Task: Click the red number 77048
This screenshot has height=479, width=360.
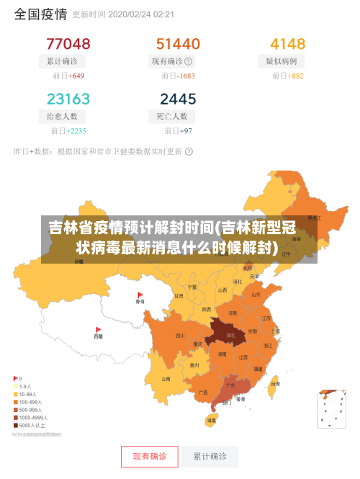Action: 68,43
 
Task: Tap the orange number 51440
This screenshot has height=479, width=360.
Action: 178,43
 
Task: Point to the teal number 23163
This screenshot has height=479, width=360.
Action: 68,98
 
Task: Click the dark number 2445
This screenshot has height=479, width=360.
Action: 178,98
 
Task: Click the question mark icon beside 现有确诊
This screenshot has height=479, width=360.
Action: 189,61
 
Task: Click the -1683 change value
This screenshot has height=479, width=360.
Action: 185,76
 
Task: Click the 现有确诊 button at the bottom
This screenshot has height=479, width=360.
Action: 149,456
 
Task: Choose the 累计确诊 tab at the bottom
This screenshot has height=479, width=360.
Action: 210,456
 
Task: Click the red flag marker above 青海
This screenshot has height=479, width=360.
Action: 140,295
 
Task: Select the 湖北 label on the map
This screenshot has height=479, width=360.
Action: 231,335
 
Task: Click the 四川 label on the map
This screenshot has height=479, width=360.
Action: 180,336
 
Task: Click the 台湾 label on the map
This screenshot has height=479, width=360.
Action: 274,385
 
